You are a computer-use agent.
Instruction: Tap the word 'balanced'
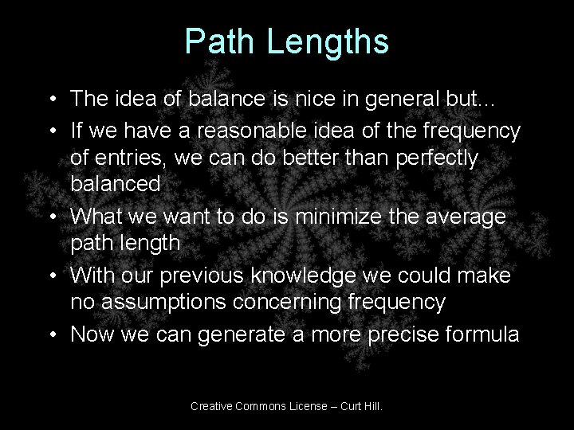pyautogui.click(x=116, y=185)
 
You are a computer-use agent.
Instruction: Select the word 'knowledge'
pyautogui.click(x=308, y=275)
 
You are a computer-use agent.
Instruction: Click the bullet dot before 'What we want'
pyautogui.click(x=50, y=215)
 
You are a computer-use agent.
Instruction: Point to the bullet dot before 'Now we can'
pyautogui.click(x=50, y=333)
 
